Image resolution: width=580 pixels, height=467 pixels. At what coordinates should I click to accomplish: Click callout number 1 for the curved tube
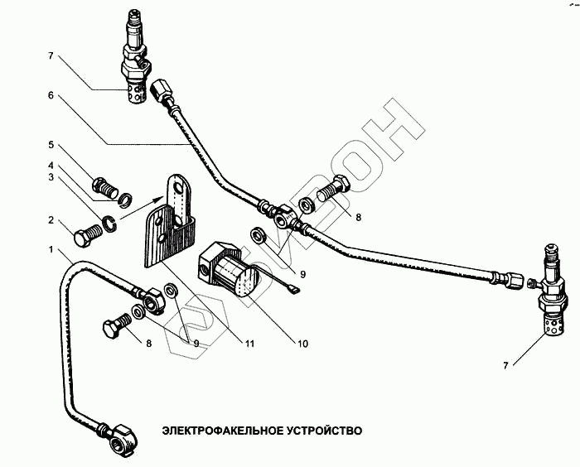tap(51, 249)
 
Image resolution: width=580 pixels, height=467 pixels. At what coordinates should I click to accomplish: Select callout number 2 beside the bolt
tap(51, 221)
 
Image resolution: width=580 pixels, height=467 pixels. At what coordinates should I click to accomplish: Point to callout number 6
tap(51, 96)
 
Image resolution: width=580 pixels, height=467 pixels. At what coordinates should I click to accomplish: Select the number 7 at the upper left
tap(51, 56)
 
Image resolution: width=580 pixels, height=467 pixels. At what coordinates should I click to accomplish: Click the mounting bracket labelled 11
tap(171, 224)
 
